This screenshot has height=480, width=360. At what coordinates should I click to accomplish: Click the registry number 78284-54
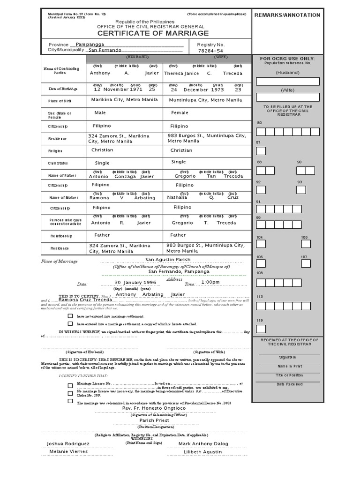(211, 50)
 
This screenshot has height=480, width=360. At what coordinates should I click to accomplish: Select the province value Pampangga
(91, 43)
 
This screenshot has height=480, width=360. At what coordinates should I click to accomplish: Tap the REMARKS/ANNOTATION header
(287, 15)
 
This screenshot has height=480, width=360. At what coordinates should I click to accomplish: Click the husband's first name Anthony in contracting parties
(100, 73)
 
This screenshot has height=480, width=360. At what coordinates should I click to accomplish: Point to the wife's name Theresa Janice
(181, 73)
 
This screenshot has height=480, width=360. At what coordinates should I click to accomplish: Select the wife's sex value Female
(180, 112)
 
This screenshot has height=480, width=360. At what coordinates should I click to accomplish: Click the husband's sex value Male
(100, 112)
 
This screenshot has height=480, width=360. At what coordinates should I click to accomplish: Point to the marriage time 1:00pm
(210, 282)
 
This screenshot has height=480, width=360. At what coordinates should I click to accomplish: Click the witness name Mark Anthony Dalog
(203, 443)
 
